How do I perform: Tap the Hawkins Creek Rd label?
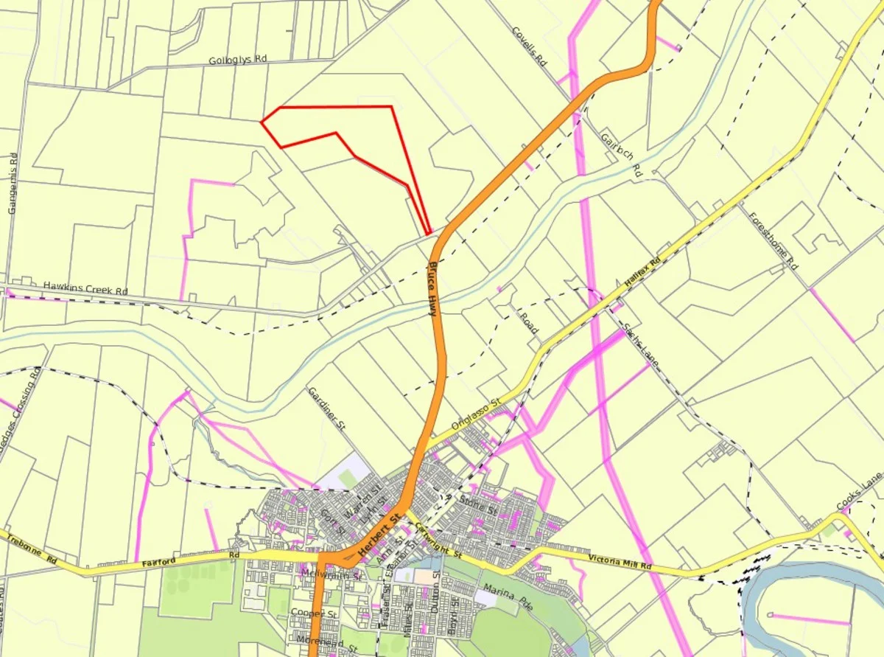pos(85,288)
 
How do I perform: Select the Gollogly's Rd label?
pos(237,60)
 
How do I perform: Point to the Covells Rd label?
pos(530,47)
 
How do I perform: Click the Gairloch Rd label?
pos(622,154)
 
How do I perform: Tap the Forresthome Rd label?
pos(773,240)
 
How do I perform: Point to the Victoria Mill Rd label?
pos(620,562)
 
